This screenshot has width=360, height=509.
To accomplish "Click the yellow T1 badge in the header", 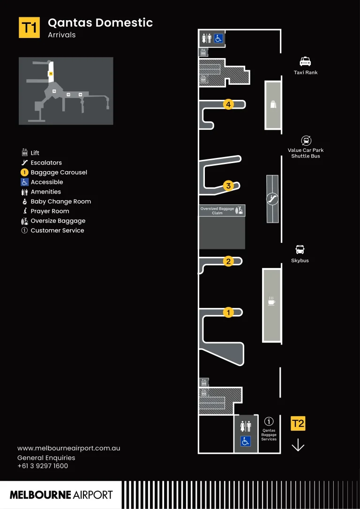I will [29, 28].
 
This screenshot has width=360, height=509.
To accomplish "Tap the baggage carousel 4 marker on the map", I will [228, 105].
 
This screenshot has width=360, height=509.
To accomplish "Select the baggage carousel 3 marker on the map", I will [228, 186].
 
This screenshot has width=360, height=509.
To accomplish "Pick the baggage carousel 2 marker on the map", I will [228, 262].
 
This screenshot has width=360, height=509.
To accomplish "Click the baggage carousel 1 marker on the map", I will [228, 312].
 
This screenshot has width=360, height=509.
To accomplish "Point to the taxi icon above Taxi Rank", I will [306, 61].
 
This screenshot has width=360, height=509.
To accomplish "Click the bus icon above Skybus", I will [300, 250].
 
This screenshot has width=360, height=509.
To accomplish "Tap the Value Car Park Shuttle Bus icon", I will [306, 140].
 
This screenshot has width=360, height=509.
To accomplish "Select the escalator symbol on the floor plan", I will [272, 199].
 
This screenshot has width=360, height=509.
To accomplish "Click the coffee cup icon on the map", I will [271, 301].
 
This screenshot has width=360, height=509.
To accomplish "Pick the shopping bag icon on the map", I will [273, 104].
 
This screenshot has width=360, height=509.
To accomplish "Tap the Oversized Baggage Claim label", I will [217, 210].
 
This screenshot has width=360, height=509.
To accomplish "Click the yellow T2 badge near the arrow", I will [298, 424].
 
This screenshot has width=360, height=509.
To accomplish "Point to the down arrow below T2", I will [298, 445].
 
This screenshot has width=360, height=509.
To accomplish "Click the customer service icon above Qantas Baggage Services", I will [269, 421].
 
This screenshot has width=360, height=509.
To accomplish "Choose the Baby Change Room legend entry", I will [60, 202].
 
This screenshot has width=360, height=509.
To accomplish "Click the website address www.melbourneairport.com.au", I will [68, 448].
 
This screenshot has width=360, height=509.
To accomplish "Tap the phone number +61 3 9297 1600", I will [43, 466].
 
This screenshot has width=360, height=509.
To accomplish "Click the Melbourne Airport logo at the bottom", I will [61, 495].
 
